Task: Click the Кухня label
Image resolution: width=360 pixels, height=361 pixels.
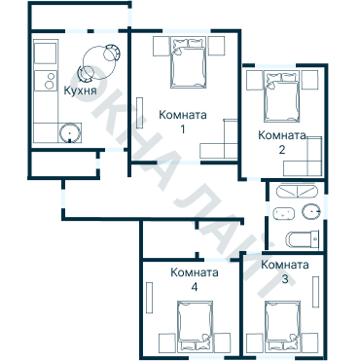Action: [x=80, y=90]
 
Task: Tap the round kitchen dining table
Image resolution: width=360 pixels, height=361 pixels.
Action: [x=99, y=63]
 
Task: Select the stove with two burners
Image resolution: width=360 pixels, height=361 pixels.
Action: [x=46, y=81]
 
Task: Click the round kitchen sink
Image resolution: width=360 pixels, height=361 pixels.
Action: [x=69, y=132]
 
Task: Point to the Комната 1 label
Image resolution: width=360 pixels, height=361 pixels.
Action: [x=183, y=122]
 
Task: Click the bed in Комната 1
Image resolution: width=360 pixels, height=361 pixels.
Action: [x=189, y=63]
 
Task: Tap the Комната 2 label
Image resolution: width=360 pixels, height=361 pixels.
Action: [x=282, y=142]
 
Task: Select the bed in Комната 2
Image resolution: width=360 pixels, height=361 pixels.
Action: [x=282, y=97]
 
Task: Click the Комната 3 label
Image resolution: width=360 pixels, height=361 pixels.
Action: [x=285, y=271]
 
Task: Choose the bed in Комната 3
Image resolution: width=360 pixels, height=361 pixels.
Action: [x=282, y=327]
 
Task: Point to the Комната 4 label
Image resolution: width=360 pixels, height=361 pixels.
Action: [x=195, y=279]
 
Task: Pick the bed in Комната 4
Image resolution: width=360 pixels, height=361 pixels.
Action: [x=195, y=327]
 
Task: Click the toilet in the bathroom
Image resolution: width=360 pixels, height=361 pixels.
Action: [x=303, y=239]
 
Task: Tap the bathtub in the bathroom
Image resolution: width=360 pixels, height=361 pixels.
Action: [x=297, y=191]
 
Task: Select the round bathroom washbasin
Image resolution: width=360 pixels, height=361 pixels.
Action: [x=311, y=212]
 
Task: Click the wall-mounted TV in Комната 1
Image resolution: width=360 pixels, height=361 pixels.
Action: [x=140, y=113]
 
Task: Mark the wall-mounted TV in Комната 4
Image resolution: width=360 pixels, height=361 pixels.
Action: [x=149, y=298]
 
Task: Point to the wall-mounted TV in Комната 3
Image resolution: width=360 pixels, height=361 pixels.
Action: [x=315, y=292]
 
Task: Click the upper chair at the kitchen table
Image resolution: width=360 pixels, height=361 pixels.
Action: [x=112, y=53]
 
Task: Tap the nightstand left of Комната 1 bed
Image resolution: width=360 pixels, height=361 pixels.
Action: [x=162, y=46]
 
